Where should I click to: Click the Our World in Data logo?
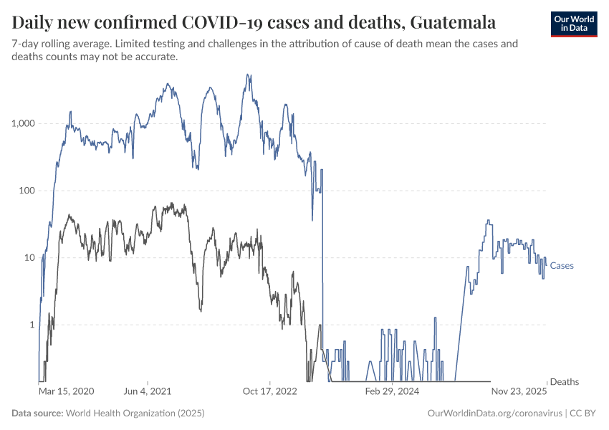pyautogui.click(x=573, y=24)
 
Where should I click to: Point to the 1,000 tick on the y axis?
pyautogui.click(x=24, y=123)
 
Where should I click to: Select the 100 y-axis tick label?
pyautogui.click(x=27, y=191)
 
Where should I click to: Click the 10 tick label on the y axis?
pyautogui.click(x=29, y=257)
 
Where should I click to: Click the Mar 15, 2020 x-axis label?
pyautogui.click(x=66, y=392)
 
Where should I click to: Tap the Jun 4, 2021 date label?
pyautogui.click(x=148, y=392)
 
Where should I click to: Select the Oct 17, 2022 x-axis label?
pyautogui.click(x=270, y=392)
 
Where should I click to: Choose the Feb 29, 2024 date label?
pyautogui.click(x=393, y=392)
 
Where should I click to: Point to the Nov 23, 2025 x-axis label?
pyautogui.click(x=519, y=392)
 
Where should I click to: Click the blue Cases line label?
pyautogui.click(x=562, y=266)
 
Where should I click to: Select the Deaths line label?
pyautogui.click(x=564, y=382)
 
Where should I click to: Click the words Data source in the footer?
pyautogui.click(x=37, y=414)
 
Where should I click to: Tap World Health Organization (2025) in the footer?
pyautogui.click(x=135, y=414)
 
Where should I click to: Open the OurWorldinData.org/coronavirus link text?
pyautogui.click(x=494, y=414)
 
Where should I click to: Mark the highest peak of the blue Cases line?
pyautogui.click(x=248, y=75)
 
